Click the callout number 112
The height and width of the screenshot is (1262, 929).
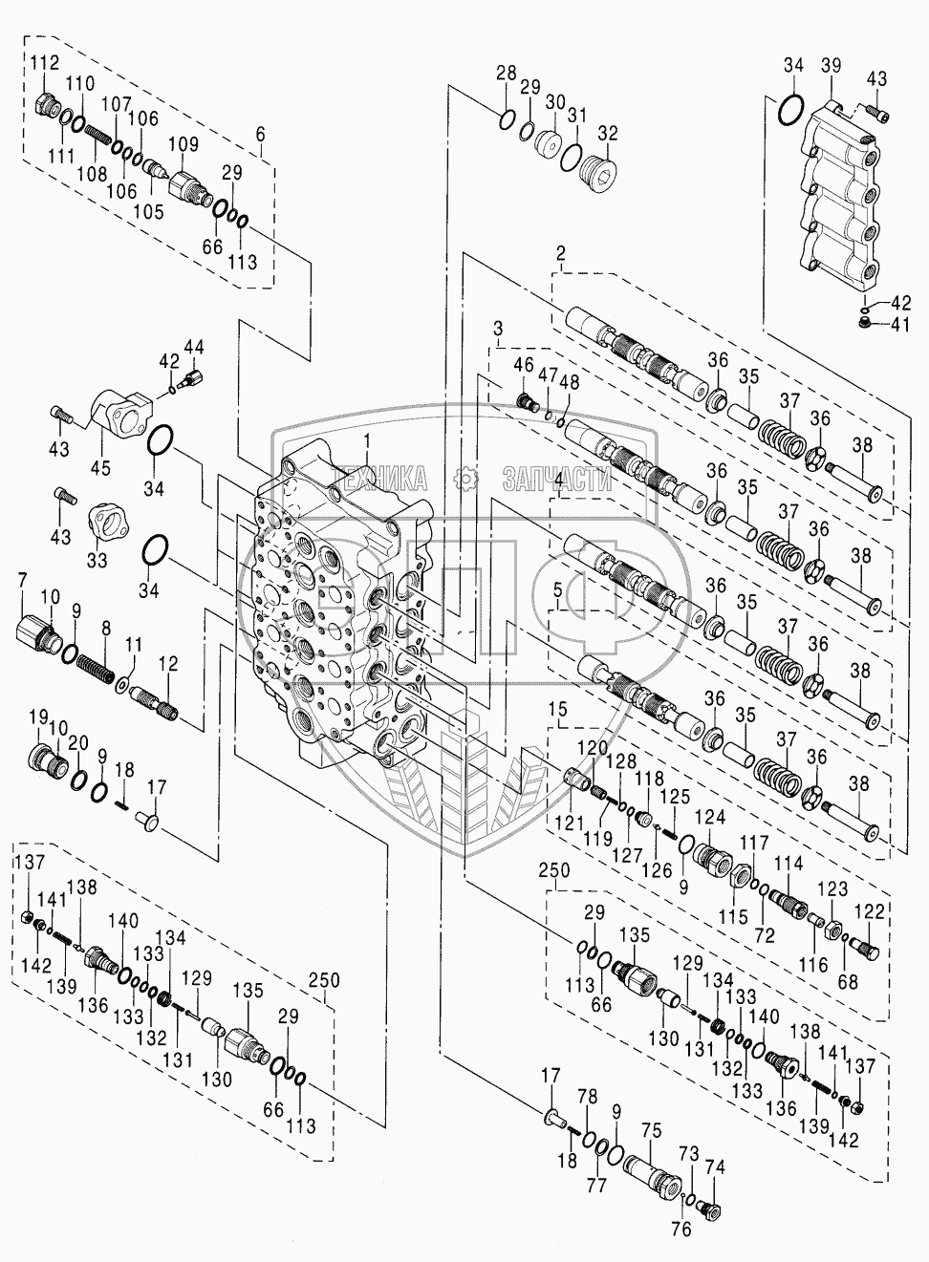[x=44, y=64]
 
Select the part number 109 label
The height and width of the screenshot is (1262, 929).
[x=184, y=145]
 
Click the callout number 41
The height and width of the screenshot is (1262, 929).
[x=901, y=324]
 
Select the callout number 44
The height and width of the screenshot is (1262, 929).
[x=194, y=345]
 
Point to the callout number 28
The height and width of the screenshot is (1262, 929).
[x=506, y=73]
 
